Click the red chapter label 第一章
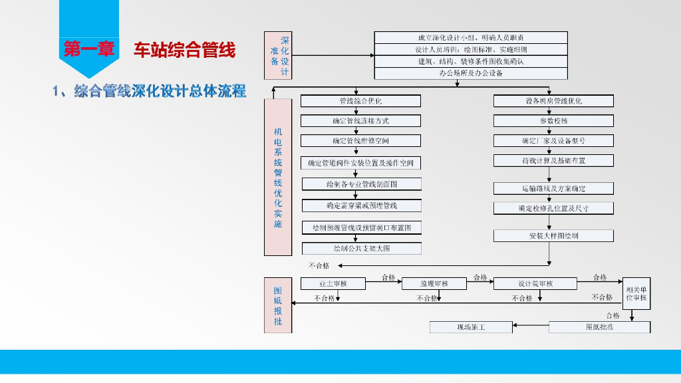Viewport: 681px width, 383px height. click(88, 49)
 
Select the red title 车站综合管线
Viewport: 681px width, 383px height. click(184, 51)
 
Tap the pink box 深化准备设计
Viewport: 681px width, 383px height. click(278, 55)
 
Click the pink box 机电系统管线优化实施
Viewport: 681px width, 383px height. click(278, 177)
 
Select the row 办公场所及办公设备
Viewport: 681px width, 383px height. click(471, 74)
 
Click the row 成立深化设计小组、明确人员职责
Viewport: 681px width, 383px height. click(471, 38)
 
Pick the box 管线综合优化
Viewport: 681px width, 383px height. click(360, 101)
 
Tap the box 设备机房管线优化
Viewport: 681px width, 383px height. click(553, 101)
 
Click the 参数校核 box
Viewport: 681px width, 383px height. click(553, 121)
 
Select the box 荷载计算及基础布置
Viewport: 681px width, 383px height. click(553, 161)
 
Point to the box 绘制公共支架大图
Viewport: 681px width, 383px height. click(362, 249)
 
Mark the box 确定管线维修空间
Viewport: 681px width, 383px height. click(360, 141)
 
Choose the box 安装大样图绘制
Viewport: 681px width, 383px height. click(553, 236)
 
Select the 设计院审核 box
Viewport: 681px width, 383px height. click(535, 284)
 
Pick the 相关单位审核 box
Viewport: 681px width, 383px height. click(636, 294)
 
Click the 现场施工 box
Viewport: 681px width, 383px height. click(471, 327)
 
